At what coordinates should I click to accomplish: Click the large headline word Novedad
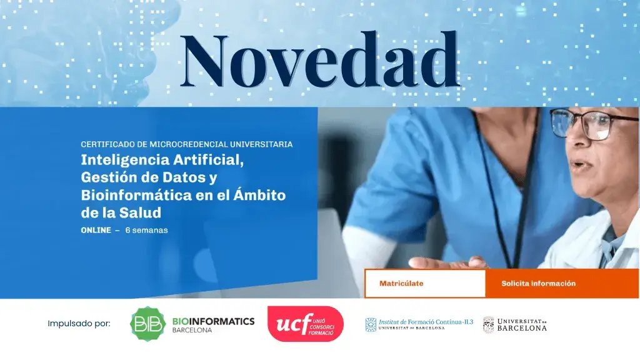[x=319, y=61]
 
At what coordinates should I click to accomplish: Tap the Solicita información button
[x=538, y=284]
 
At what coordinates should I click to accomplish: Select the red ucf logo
[x=305, y=324]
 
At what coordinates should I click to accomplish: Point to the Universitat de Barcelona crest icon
[x=488, y=324]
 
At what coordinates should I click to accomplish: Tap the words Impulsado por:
[x=79, y=324]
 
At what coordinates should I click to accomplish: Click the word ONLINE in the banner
[x=96, y=230]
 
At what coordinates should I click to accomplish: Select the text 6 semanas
[x=146, y=230]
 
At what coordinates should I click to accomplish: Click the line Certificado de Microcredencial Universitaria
[x=186, y=144]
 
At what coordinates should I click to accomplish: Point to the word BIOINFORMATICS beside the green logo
[x=213, y=321]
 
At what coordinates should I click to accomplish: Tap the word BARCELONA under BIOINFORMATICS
[x=192, y=331]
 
